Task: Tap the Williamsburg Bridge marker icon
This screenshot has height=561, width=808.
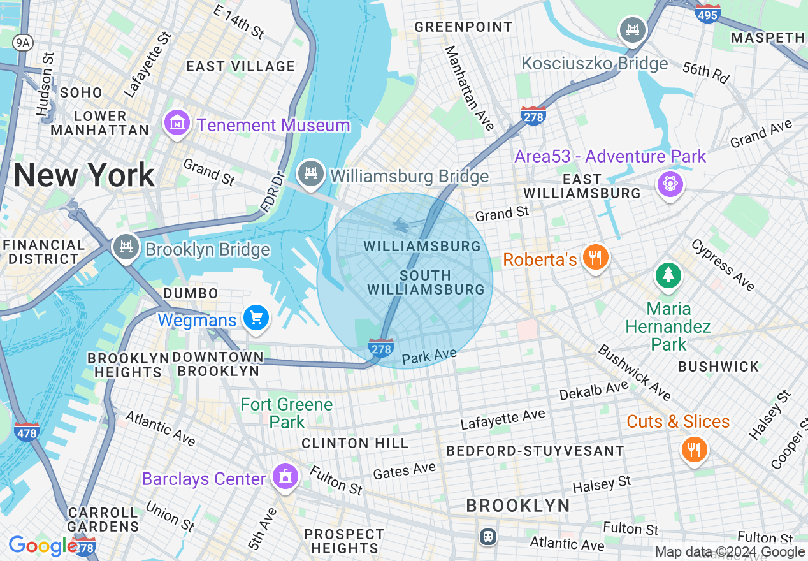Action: pos(311,173)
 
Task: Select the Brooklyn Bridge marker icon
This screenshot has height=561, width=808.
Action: pos(126,247)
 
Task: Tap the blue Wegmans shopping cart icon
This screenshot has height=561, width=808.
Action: pos(256,317)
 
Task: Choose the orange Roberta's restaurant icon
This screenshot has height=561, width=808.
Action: pos(595,258)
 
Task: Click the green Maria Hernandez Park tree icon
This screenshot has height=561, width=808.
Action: pos(667,276)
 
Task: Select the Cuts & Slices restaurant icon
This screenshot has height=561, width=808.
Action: pos(694,450)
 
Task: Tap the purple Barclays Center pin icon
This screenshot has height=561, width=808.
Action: pos(285,476)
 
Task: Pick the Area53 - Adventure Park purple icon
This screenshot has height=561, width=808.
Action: pos(670,184)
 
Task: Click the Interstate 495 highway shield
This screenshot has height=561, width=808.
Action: pos(709,14)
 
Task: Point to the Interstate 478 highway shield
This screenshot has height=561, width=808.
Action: pos(26,431)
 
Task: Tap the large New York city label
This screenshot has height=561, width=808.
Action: pos(84,175)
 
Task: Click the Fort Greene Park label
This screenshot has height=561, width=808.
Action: pos(287,412)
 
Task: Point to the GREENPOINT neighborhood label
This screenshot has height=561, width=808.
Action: pos(463,27)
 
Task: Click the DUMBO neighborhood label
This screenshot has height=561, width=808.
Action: pos(191,293)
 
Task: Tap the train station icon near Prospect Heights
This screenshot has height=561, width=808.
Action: pos(488,537)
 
